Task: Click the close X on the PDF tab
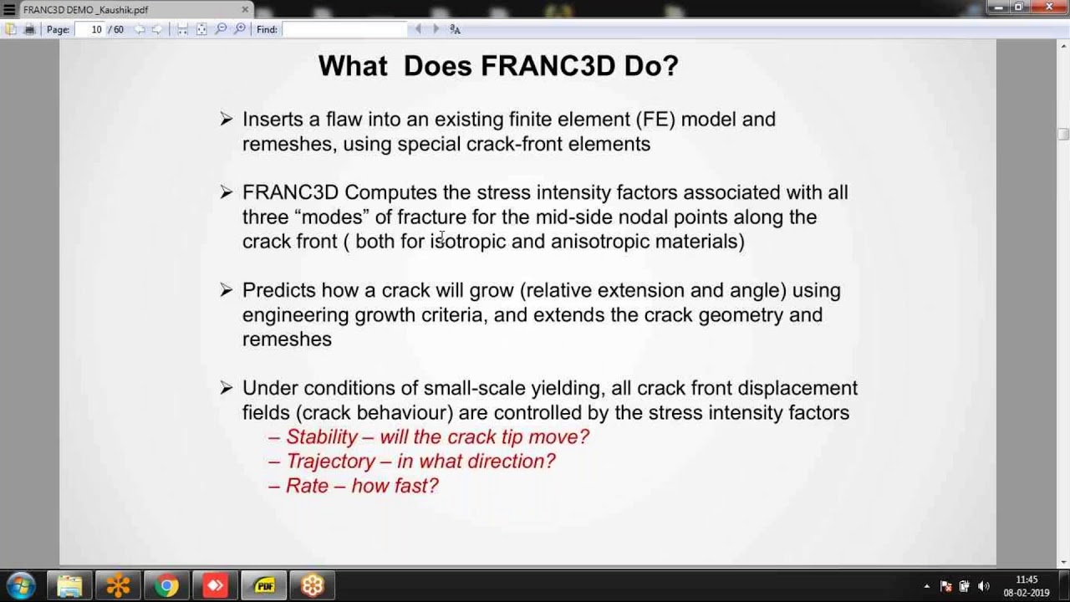tap(245, 10)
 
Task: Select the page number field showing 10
tap(96, 29)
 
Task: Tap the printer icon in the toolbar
tap(29, 29)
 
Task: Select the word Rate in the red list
tap(307, 486)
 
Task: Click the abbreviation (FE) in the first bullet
tap(655, 120)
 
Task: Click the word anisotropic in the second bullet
tap(599, 242)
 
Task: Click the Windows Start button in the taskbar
tap(21, 585)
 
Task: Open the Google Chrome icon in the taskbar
tap(166, 585)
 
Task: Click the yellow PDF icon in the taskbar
tap(264, 585)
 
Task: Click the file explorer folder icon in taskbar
tap(69, 585)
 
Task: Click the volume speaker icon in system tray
tap(983, 586)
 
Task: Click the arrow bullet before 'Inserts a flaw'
tap(226, 120)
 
